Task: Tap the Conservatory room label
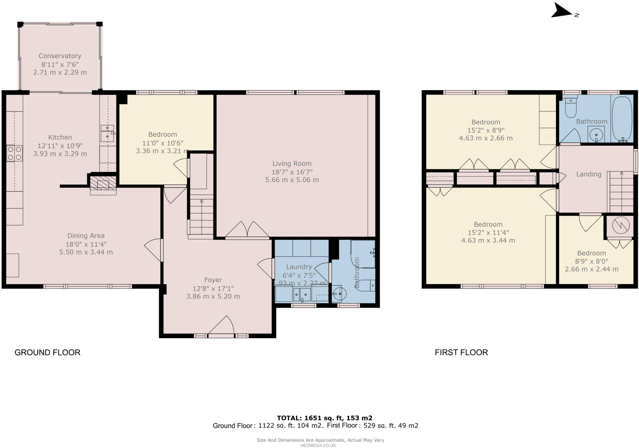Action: click(x=60, y=56)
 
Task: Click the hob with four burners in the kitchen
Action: click(x=14, y=153)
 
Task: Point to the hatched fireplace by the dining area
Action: click(x=103, y=185)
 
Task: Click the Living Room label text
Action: click(x=292, y=163)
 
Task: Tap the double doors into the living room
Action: click(x=247, y=230)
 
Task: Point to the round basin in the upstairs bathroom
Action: click(x=596, y=135)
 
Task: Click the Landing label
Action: click(x=588, y=174)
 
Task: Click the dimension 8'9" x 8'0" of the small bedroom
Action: click(x=592, y=261)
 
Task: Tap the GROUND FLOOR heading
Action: click(x=47, y=352)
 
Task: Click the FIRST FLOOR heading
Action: click(x=461, y=352)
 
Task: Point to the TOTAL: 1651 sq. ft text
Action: click(x=324, y=418)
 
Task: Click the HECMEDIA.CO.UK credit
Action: click(x=318, y=446)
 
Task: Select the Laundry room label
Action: click(x=299, y=267)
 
